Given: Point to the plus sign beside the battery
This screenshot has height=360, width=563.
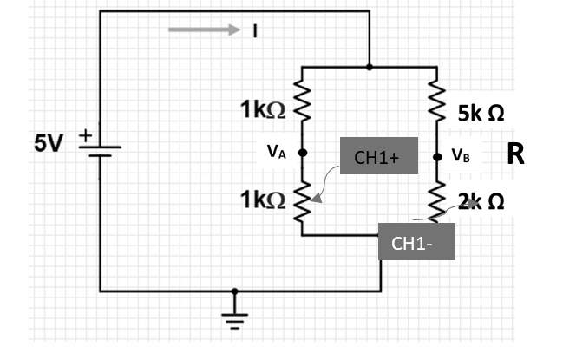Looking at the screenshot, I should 86,136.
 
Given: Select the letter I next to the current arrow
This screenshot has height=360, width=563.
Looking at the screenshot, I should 255,31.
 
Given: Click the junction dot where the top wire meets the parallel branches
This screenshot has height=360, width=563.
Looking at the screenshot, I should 370,66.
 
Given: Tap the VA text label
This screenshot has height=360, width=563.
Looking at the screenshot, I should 276,153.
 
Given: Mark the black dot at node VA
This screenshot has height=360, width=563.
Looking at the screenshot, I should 303,153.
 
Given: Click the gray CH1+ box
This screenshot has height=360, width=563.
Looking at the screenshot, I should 378,156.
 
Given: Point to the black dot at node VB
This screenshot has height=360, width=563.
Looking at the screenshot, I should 436,157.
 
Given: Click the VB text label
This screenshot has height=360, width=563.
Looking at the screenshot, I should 461,157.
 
